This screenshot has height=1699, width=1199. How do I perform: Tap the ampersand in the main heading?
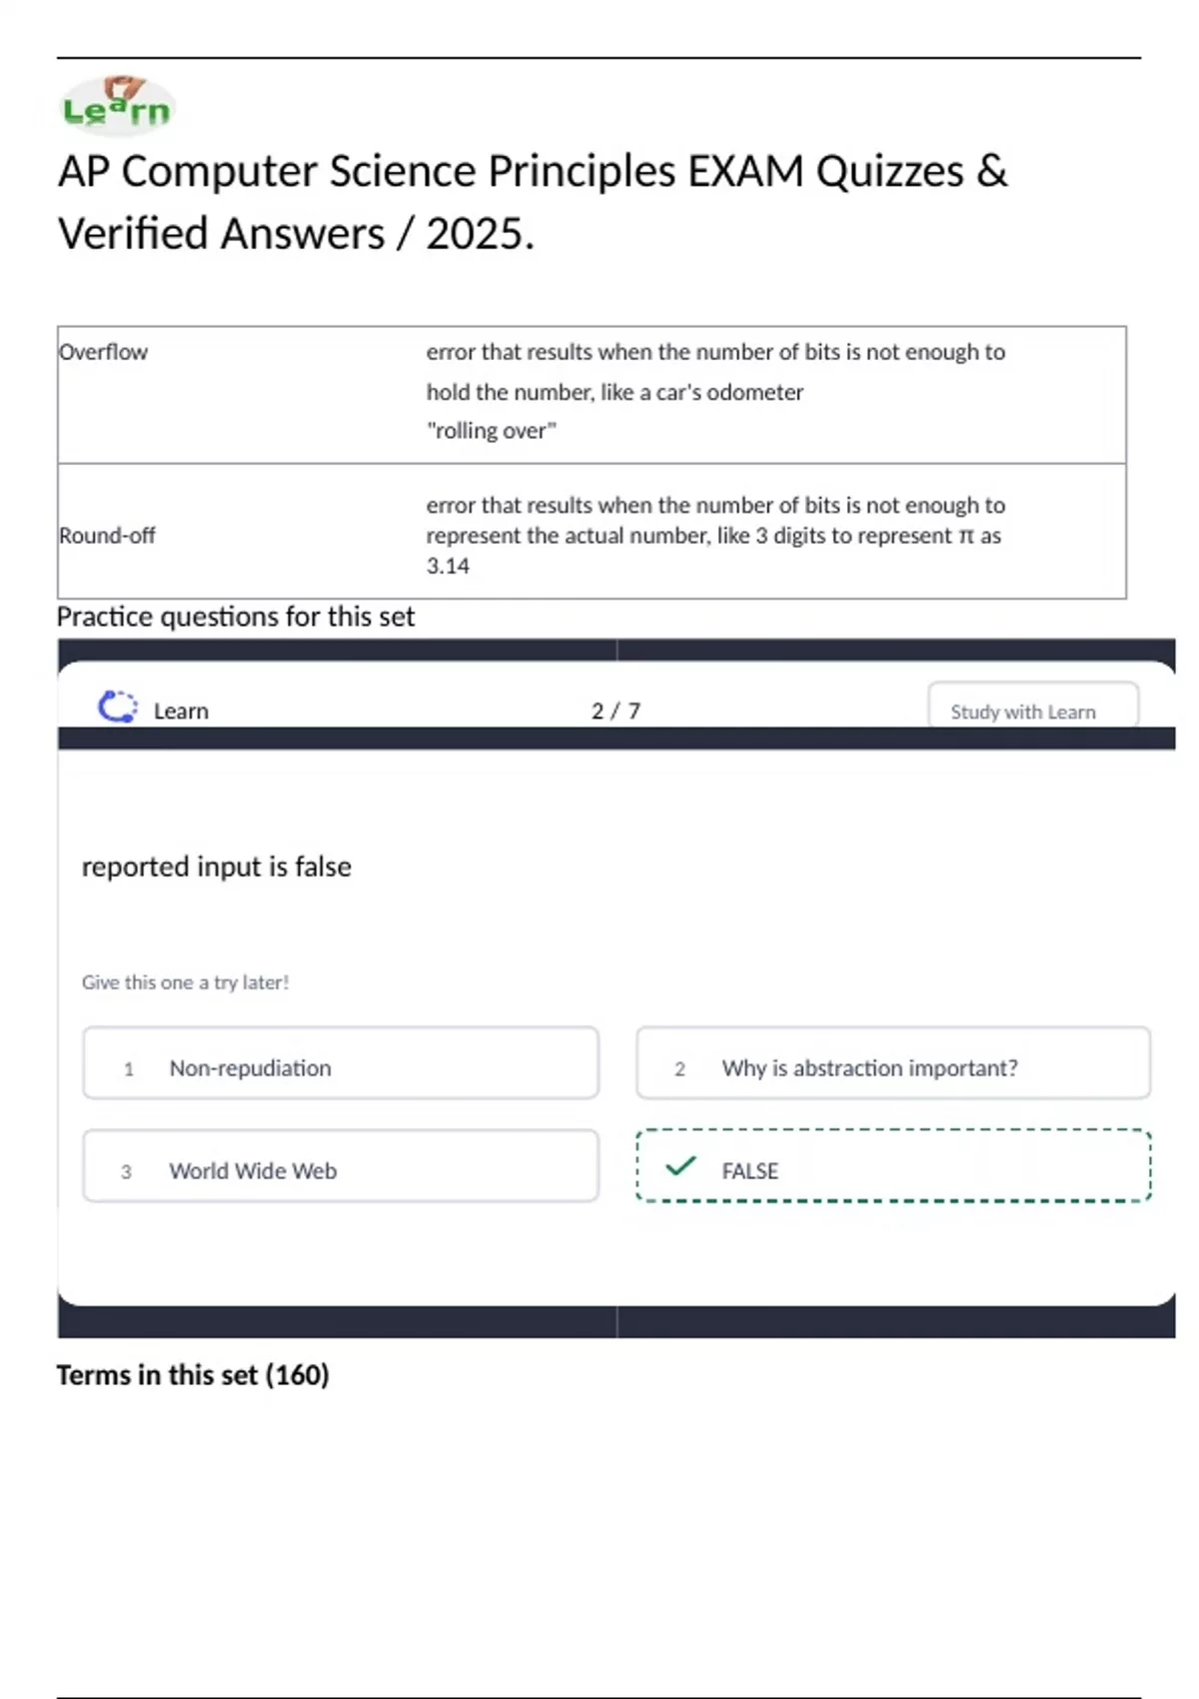click(991, 171)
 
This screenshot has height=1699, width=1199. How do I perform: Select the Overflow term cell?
click(104, 352)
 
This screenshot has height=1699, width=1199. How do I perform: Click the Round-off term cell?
click(108, 536)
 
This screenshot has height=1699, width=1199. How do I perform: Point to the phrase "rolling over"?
click(491, 431)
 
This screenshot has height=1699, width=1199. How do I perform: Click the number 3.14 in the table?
click(448, 567)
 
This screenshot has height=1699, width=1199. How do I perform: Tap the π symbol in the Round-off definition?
click(965, 537)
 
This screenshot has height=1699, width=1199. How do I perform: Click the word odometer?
click(754, 392)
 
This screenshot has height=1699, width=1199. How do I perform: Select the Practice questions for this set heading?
click(236, 617)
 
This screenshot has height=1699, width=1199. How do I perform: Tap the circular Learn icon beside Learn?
click(118, 708)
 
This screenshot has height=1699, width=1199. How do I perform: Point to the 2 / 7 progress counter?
click(615, 711)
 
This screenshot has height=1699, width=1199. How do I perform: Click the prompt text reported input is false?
click(217, 866)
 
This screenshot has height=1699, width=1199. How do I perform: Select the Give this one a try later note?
click(186, 982)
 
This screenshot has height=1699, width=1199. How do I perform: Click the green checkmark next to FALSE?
click(680, 1166)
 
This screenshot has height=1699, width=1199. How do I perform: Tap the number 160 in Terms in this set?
click(297, 1375)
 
